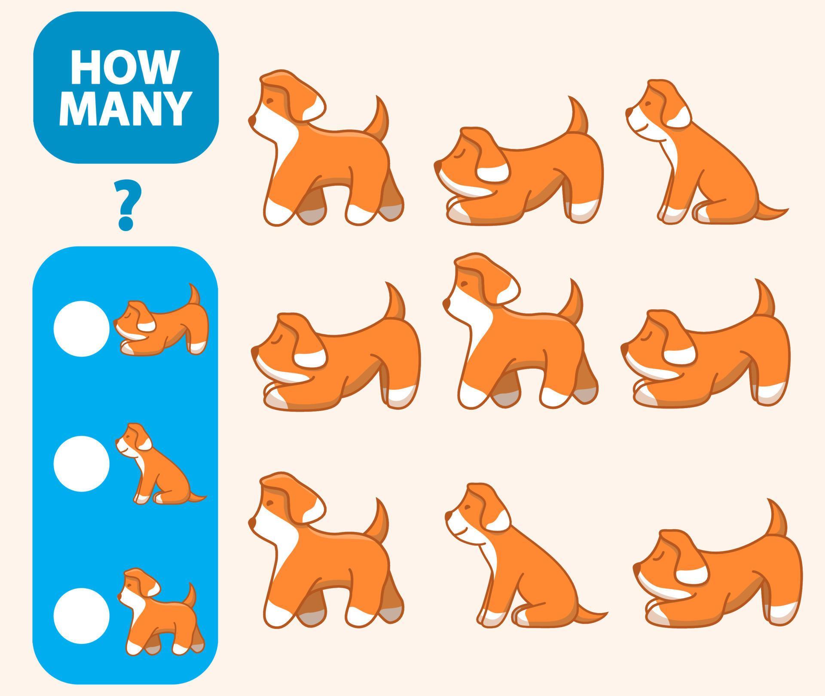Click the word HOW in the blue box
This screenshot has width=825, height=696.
124,68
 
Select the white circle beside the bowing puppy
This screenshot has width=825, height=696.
82,328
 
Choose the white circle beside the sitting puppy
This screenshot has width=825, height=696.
82,464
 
